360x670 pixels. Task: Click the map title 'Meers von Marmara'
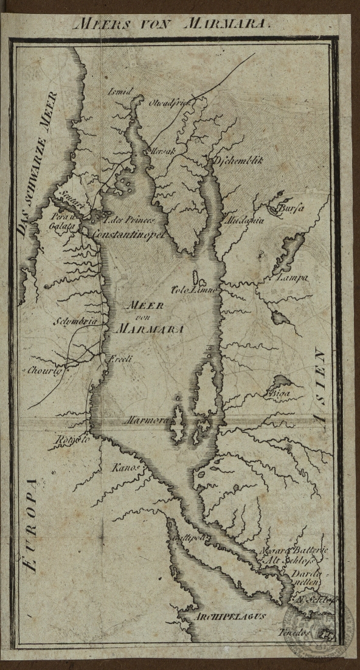(x=171, y=24)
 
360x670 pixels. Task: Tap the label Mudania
(x=244, y=220)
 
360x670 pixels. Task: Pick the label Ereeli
(x=120, y=359)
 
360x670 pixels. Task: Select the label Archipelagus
(x=230, y=616)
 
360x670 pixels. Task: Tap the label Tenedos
(x=298, y=632)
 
